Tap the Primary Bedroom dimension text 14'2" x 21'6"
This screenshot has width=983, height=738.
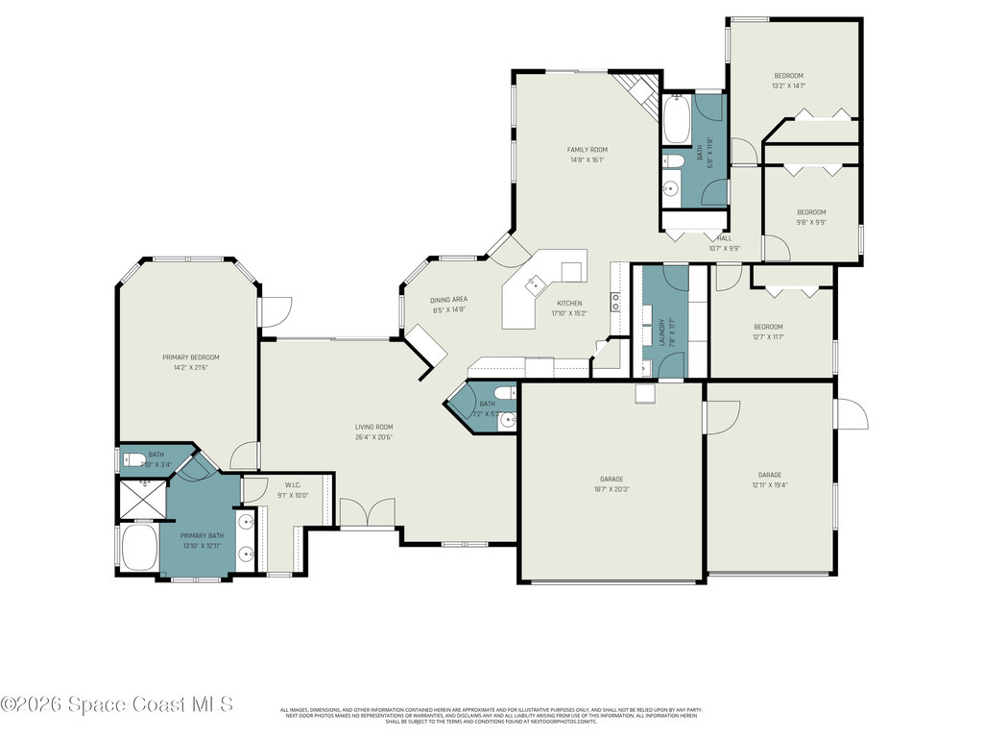190,367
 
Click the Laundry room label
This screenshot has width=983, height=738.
662,332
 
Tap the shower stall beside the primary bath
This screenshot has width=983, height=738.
140,499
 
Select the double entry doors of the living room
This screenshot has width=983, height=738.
367,514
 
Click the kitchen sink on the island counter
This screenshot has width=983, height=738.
534,282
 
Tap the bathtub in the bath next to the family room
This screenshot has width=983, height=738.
676,119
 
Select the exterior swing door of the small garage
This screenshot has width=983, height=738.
851,415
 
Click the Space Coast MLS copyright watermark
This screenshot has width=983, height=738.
117,704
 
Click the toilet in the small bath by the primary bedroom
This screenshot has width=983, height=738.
133,459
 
